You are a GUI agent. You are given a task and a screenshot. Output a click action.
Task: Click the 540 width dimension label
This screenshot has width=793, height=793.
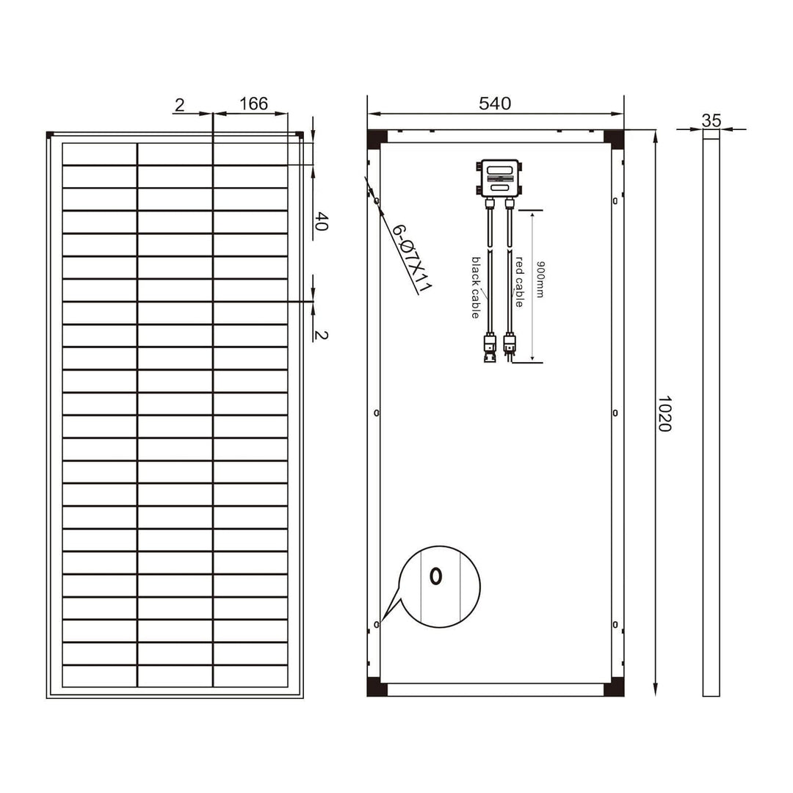pyautogui.click(x=494, y=104)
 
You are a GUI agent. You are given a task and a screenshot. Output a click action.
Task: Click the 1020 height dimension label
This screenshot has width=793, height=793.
pyautogui.click(x=664, y=413)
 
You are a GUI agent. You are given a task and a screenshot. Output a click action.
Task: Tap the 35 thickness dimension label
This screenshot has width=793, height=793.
pyautogui.click(x=711, y=120)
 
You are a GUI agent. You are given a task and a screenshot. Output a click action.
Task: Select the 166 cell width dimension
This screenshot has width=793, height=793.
pyautogui.click(x=253, y=104)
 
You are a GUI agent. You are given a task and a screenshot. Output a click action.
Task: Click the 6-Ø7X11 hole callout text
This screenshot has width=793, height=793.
pyautogui.click(x=410, y=258)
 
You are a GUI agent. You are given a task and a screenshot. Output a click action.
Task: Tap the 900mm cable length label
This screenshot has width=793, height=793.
pyautogui.click(x=540, y=279)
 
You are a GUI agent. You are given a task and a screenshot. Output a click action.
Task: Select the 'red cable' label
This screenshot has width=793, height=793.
pyautogui.click(x=518, y=281)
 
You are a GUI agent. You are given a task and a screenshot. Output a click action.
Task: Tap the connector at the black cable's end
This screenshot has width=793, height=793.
pyautogui.click(x=488, y=347)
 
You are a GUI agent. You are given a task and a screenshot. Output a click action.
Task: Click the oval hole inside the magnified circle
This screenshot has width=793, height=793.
pyautogui.click(x=435, y=576)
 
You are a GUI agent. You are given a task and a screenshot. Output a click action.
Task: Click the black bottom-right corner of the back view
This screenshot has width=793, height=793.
pyautogui.click(x=613, y=689)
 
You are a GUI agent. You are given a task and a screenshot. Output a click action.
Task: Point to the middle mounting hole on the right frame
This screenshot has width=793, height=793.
pyautogui.click(x=615, y=413)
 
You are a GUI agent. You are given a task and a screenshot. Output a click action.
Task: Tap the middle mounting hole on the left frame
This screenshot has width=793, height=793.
pyautogui.click(x=377, y=413)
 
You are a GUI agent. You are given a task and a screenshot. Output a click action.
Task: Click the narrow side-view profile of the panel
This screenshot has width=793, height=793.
pyautogui.click(x=711, y=411)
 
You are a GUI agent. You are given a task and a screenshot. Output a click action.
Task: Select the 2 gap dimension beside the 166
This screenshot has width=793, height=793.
pyautogui.click(x=179, y=104)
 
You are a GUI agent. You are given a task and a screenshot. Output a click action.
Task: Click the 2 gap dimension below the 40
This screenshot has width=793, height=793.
pyautogui.click(x=321, y=335)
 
